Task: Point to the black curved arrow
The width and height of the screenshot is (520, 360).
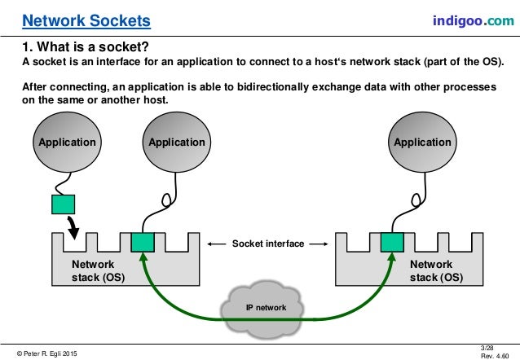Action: pos(74,226)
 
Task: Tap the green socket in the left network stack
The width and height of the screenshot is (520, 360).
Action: pos(143,243)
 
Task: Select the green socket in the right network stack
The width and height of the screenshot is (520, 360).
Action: pos(392,243)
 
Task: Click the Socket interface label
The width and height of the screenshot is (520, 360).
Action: pos(267,244)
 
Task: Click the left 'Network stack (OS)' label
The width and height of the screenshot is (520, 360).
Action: pos(93,270)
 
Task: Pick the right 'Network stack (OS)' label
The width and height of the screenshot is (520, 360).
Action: pos(431,270)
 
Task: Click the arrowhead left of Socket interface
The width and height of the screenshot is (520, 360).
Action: pos(212,244)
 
